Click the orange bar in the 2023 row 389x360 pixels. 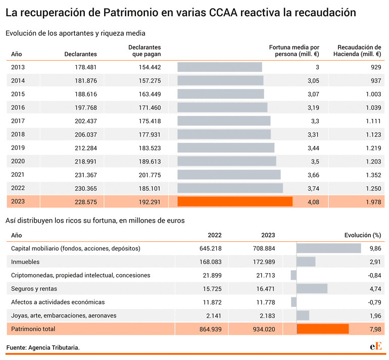(235, 201)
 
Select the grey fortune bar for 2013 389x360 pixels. (220, 67)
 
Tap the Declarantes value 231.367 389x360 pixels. (85, 175)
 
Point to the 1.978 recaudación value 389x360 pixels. (373, 202)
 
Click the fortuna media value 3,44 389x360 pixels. (313, 148)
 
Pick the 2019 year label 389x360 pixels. (18, 148)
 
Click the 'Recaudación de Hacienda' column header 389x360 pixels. (357, 50)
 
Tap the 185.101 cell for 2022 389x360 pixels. (150, 188)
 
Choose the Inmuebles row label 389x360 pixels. (25, 262)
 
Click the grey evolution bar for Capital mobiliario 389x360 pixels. (329, 248)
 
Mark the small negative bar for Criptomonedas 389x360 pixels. (294, 275)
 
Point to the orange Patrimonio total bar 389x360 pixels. (322, 329)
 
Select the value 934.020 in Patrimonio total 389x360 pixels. (264, 329)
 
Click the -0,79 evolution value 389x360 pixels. (374, 302)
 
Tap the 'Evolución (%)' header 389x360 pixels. (363, 235)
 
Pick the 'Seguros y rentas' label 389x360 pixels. (34, 289)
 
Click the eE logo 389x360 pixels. (375, 346)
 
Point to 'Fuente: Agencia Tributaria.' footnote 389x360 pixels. (43, 347)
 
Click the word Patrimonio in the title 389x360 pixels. (131, 13)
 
